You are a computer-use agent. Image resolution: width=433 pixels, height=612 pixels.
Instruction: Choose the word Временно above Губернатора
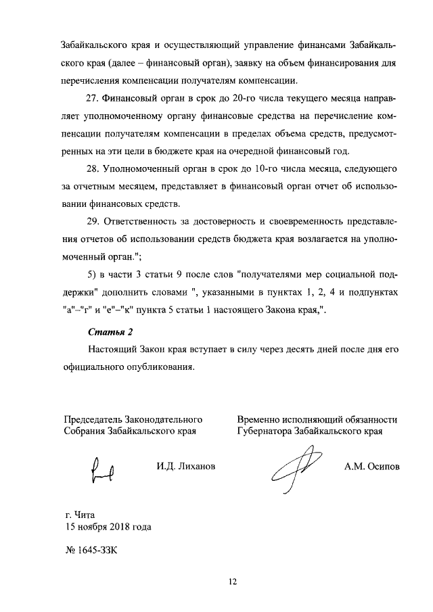[260, 419]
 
